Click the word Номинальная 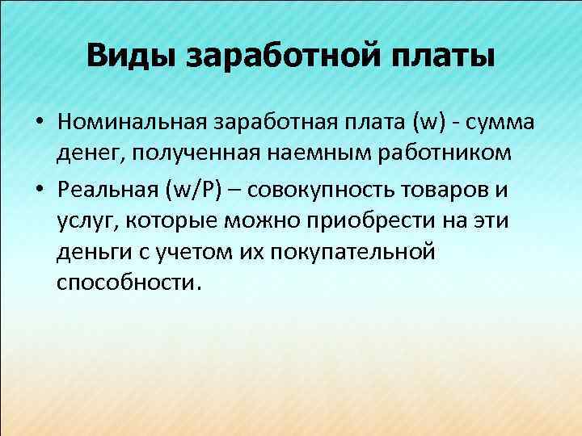tap(133, 124)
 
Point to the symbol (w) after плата tap(428, 124)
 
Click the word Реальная tap(108, 190)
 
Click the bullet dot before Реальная tap(38, 191)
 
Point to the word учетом tap(180, 253)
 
